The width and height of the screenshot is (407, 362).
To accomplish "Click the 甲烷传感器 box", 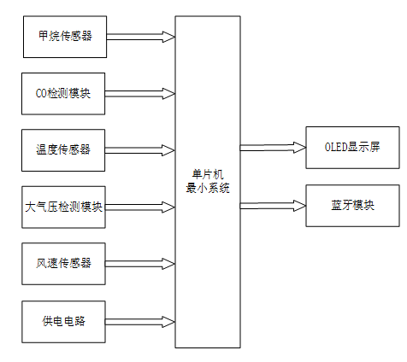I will tap(65, 37).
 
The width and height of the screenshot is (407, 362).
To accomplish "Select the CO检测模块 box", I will tap(65, 94).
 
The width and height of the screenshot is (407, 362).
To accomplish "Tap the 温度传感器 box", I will tap(65, 150).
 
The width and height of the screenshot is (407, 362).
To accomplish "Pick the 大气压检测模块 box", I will tap(65, 207).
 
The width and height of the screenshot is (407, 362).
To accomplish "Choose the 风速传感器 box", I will tap(65, 263).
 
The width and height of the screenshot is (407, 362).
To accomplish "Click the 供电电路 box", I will tap(65, 321).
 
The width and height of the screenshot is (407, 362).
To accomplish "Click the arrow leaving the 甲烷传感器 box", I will tap(141, 37).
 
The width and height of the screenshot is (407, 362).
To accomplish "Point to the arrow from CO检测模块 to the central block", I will tap(141, 94).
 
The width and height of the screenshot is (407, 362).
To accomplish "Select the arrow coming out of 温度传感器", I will tap(141, 150).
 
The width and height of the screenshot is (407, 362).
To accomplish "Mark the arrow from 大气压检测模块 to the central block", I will tap(141, 207).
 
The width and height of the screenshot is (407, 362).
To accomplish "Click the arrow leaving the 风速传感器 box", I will tap(141, 263).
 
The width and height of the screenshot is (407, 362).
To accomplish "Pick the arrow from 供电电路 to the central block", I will tap(141, 321).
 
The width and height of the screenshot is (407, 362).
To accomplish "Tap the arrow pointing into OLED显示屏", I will tap(273, 147).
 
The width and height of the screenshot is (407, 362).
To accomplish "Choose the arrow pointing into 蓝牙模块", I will tap(273, 205).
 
